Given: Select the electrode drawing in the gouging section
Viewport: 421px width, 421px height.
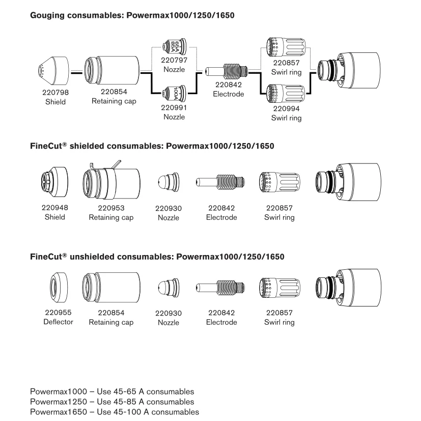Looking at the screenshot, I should [227, 72].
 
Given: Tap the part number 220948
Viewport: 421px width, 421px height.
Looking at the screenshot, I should [54, 208].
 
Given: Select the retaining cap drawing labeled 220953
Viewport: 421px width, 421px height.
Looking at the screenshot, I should [111, 183].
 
